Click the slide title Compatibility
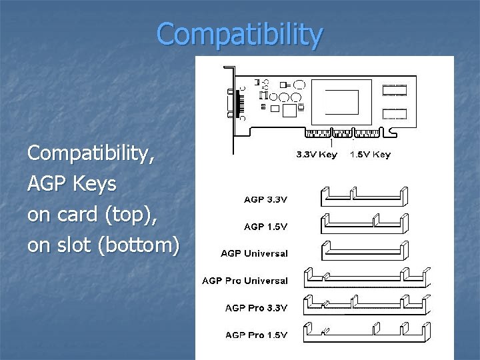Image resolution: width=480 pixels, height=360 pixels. [x=240, y=35]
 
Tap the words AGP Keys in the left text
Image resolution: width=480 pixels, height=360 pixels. [x=72, y=184]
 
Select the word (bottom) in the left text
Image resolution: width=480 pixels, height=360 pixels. [x=138, y=245]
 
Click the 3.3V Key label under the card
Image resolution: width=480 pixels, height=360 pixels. [x=317, y=155]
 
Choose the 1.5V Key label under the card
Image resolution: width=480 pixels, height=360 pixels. [x=371, y=155]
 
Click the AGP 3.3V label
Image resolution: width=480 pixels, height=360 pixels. [x=265, y=199]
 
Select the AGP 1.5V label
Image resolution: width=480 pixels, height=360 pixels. [x=265, y=227]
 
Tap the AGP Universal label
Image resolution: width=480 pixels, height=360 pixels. [x=255, y=253]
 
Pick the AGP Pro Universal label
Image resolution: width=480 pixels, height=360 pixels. [x=245, y=281]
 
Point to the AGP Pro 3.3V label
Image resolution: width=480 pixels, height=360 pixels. [x=256, y=308]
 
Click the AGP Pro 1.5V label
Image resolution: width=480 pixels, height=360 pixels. [x=256, y=335]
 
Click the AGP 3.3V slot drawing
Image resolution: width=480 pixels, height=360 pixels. [x=365, y=196]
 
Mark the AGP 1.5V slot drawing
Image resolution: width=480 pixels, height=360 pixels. [x=365, y=223]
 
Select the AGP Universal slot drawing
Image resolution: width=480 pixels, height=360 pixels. [x=365, y=250]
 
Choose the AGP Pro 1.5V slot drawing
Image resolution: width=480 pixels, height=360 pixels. [x=365, y=331]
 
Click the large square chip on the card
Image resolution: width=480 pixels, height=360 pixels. [x=341, y=102]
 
